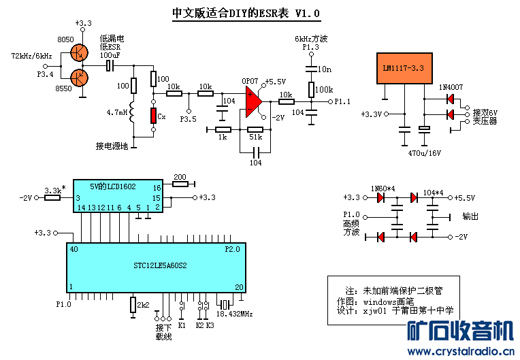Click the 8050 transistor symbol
[x=81, y=51]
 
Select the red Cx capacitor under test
[x=155, y=115]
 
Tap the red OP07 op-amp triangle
[x=253, y=101]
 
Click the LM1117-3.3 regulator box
[x=404, y=69]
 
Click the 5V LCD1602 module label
[x=113, y=186]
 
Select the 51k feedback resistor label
[x=255, y=138]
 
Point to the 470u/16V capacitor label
[x=424, y=153]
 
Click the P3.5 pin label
[x=189, y=119]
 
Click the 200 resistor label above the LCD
[x=180, y=176]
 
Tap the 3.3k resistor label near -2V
[x=54, y=190]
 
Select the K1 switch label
[x=182, y=325]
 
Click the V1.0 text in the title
[x=307, y=13]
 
